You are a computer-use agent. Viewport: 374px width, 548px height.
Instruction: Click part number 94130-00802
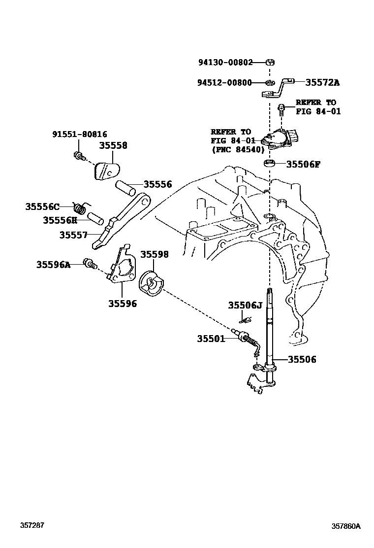pos(225,63)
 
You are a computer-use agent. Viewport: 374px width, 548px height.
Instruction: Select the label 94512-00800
pos(225,82)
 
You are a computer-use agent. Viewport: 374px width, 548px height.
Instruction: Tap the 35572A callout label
pos(323,82)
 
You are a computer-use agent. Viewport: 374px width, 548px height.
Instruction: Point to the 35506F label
pos(303,164)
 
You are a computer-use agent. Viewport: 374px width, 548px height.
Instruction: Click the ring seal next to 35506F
pos(270,163)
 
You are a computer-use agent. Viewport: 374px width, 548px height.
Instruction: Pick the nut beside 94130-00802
pos(270,63)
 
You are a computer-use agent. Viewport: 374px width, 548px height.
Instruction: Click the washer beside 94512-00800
pos(270,82)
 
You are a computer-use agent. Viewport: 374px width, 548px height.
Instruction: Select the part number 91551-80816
pos(79,134)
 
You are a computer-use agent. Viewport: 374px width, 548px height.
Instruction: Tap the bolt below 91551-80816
pos(78,156)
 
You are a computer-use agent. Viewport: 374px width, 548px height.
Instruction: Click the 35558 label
pos(113,145)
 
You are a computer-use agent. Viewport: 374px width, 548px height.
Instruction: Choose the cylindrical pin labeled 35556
pos(127,188)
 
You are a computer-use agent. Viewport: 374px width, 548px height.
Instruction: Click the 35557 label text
pos(74,235)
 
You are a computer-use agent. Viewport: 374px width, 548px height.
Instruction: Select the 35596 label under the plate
pos(123,304)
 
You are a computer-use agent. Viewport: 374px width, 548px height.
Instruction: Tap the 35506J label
pos(245,306)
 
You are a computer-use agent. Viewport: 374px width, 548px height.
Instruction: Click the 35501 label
pos(211,339)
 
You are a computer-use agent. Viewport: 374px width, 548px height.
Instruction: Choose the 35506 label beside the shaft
pos(299,360)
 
